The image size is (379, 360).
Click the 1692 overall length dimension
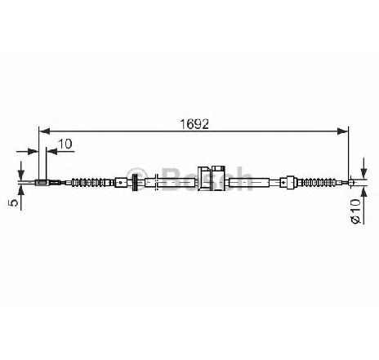click(x=194, y=125)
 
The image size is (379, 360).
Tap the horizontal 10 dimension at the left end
click(x=65, y=144)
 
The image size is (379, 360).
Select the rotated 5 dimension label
click(x=14, y=202)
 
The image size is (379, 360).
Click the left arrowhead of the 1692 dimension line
click(x=44, y=131)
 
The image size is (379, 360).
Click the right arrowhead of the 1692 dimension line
click(x=342, y=131)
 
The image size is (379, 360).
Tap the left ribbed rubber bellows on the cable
click(x=89, y=182)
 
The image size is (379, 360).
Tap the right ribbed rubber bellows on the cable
click(x=317, y=181)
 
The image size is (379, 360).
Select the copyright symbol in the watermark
click(x=137, y=179)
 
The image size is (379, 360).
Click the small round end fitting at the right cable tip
click(x=351, y=182)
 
